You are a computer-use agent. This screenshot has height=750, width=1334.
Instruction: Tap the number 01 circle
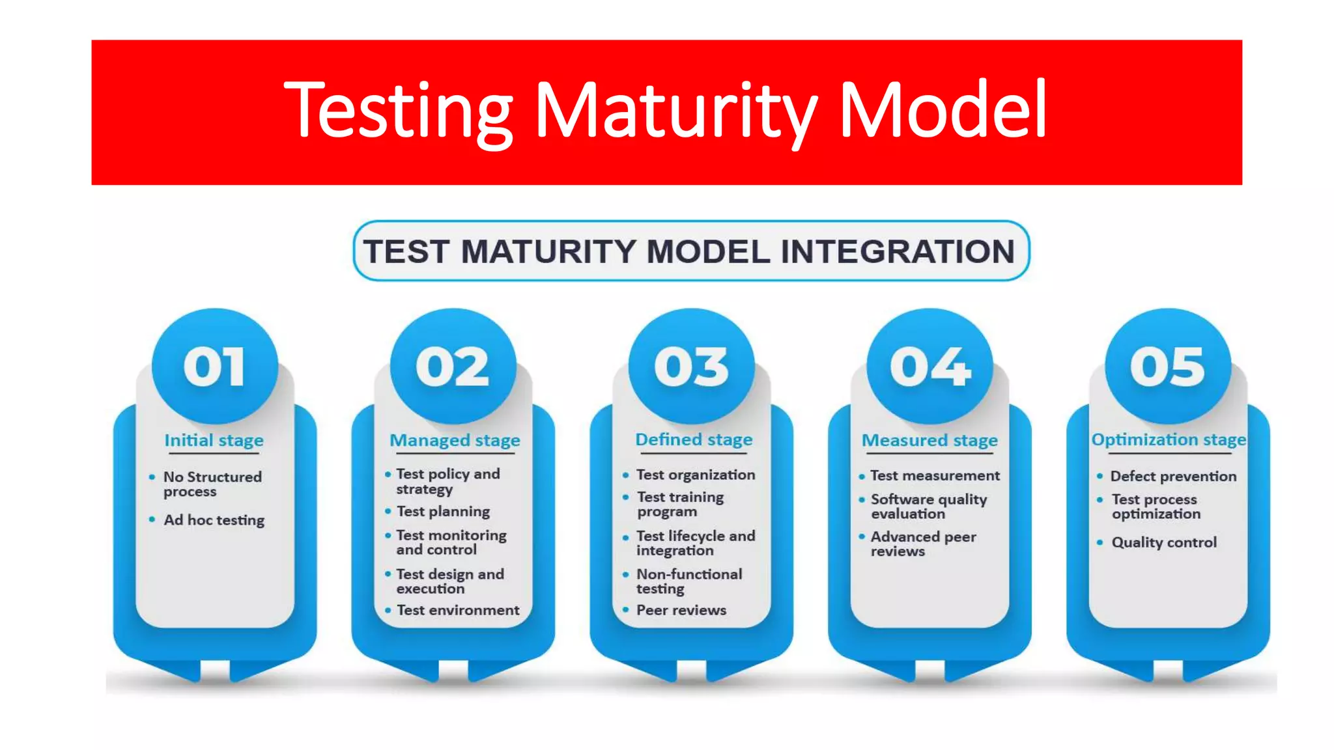pyautogui.click(x=214, y=367)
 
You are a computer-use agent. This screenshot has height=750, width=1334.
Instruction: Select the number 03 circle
pyautogui.click(x=691, y=367)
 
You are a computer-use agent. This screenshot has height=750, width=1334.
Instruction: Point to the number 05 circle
pyautogui.click(x=1168, y=367)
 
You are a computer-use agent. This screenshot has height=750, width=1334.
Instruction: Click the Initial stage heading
pyautogui.click(x=214, y=441)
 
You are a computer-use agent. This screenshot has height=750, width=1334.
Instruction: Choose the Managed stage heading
pyautogui.click(x=455, y=441)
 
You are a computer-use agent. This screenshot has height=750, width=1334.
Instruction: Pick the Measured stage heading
pyautogui.click(x=930, y=441)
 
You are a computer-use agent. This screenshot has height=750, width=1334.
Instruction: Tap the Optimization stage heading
pyautogui.click(x=1169, y=440)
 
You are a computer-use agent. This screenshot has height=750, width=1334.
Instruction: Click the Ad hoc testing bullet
pyautogui.click(x=214, y=520)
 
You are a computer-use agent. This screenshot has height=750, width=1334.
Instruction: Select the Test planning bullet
pyautogui.click(x=443, y=512)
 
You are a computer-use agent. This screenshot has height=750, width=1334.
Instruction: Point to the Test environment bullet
pyautogui.click(x=458, y=611)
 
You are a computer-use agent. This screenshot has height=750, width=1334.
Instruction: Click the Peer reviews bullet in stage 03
pyautogui.click(x=681, y=611)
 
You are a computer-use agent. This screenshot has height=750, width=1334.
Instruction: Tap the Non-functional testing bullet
pyautogui.click(x=688, y=581)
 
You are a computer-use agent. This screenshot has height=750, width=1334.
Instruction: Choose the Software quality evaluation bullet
pyautogui.click(x=928, y=507)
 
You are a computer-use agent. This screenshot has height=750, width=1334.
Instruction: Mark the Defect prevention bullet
pyautogui.click(x=1172, y=477)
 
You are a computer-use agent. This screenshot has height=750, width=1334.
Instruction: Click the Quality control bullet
pyautogui.click(x=1163, y=542)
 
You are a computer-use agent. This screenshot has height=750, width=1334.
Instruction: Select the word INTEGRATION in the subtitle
pyautogui.click(x=898, y=252)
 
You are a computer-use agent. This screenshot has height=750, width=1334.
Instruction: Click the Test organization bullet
pyautogui.click(x=695, y=475)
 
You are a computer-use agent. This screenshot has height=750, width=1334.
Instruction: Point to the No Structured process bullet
pyautogui.click(x=212, y=484)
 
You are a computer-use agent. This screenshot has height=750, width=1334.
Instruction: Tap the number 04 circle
pyautogui.click(x=930, y=367)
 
